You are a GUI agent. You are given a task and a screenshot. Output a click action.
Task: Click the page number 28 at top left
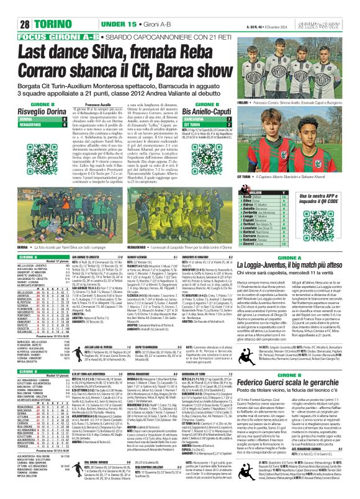[x=14, y=7]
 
